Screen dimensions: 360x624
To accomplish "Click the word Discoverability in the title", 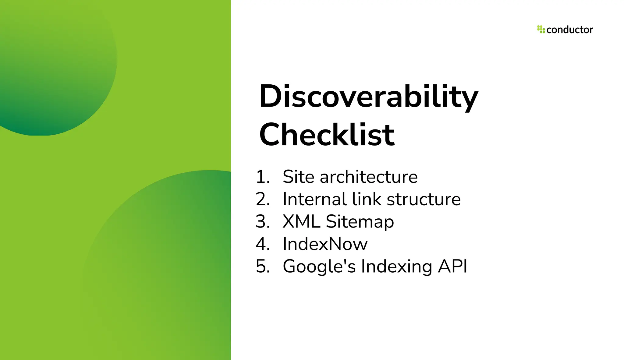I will (x=368, y=97).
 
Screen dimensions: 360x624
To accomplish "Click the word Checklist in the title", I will (x=327, y=135).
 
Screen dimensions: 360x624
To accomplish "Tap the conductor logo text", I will (x=569, y=30).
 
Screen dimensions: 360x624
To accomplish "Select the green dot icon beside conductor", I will (x=541, y=29).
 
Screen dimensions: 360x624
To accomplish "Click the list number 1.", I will (x=263, y=177).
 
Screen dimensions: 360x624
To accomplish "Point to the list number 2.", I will (x=263, y=199).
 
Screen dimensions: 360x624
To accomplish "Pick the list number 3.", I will (x=263, y=221).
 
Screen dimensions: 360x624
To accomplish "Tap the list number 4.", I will (x=263, y=244).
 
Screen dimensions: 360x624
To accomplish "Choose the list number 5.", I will (x=263, y=266).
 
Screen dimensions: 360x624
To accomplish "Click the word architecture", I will (x=368, y=177).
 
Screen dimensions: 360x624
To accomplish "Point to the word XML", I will (x=301, y=221).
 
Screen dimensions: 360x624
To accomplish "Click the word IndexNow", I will (x=325, y=244).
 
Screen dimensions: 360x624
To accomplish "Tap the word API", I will (x=452, y=266).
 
